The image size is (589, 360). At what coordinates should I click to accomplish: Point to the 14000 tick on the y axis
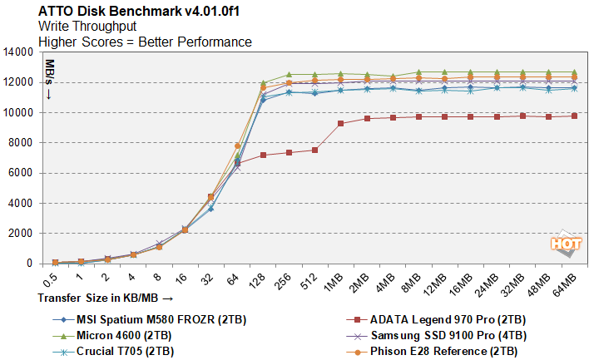tap(18, 52)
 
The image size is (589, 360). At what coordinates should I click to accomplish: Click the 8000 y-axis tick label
tap(21, 143)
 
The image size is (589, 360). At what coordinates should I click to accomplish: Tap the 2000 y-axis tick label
tap(21, 234)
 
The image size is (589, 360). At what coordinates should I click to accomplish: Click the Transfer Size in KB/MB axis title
tap(105, 296)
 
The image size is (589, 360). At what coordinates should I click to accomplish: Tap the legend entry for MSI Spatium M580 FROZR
tap(146, 318)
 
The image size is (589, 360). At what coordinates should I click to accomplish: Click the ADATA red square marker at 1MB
tap(340, 123)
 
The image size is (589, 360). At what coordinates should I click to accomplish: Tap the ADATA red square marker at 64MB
tap(574, 116)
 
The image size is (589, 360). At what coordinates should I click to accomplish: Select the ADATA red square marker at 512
tap(314, 150)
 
